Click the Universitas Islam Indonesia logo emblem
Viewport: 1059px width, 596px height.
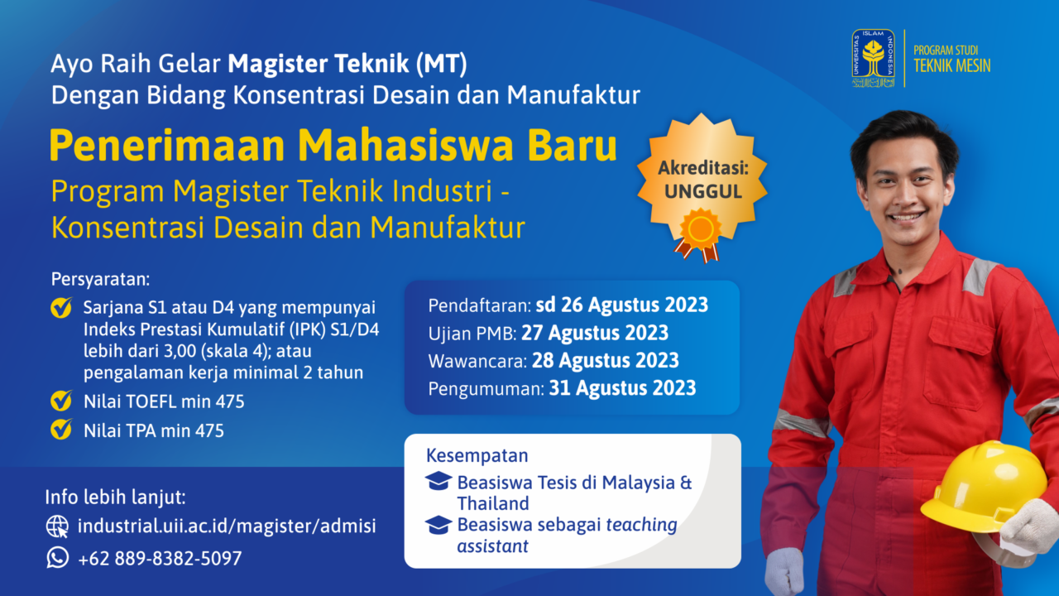point(873,58)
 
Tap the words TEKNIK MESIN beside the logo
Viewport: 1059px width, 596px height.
point(951,65)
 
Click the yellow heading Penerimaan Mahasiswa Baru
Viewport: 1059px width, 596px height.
point(333,145)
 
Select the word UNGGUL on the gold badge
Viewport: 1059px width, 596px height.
point(703,191)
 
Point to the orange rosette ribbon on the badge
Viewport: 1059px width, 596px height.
point(699,235)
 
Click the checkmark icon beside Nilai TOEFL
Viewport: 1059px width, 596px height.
point(61,401)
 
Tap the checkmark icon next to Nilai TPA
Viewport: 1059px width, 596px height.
point(61,430)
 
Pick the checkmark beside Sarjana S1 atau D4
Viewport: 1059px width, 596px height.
point(61,307)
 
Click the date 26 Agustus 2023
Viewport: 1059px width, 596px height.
point(635,305)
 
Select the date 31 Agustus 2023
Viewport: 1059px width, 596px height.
point(622,388)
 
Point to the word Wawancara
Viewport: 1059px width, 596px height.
point(477,362)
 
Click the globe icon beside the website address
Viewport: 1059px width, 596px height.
point(58,526)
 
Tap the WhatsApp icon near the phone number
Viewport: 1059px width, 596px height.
point(58,558)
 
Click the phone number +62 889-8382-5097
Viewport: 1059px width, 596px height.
point(160,559)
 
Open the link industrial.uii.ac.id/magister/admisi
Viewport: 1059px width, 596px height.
point(227,526)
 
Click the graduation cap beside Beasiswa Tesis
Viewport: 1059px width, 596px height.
point(438,481)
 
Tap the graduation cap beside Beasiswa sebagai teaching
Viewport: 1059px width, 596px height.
point(438,525)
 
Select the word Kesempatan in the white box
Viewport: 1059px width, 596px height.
point(477,455)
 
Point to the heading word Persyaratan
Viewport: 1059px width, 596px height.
point(100,280)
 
